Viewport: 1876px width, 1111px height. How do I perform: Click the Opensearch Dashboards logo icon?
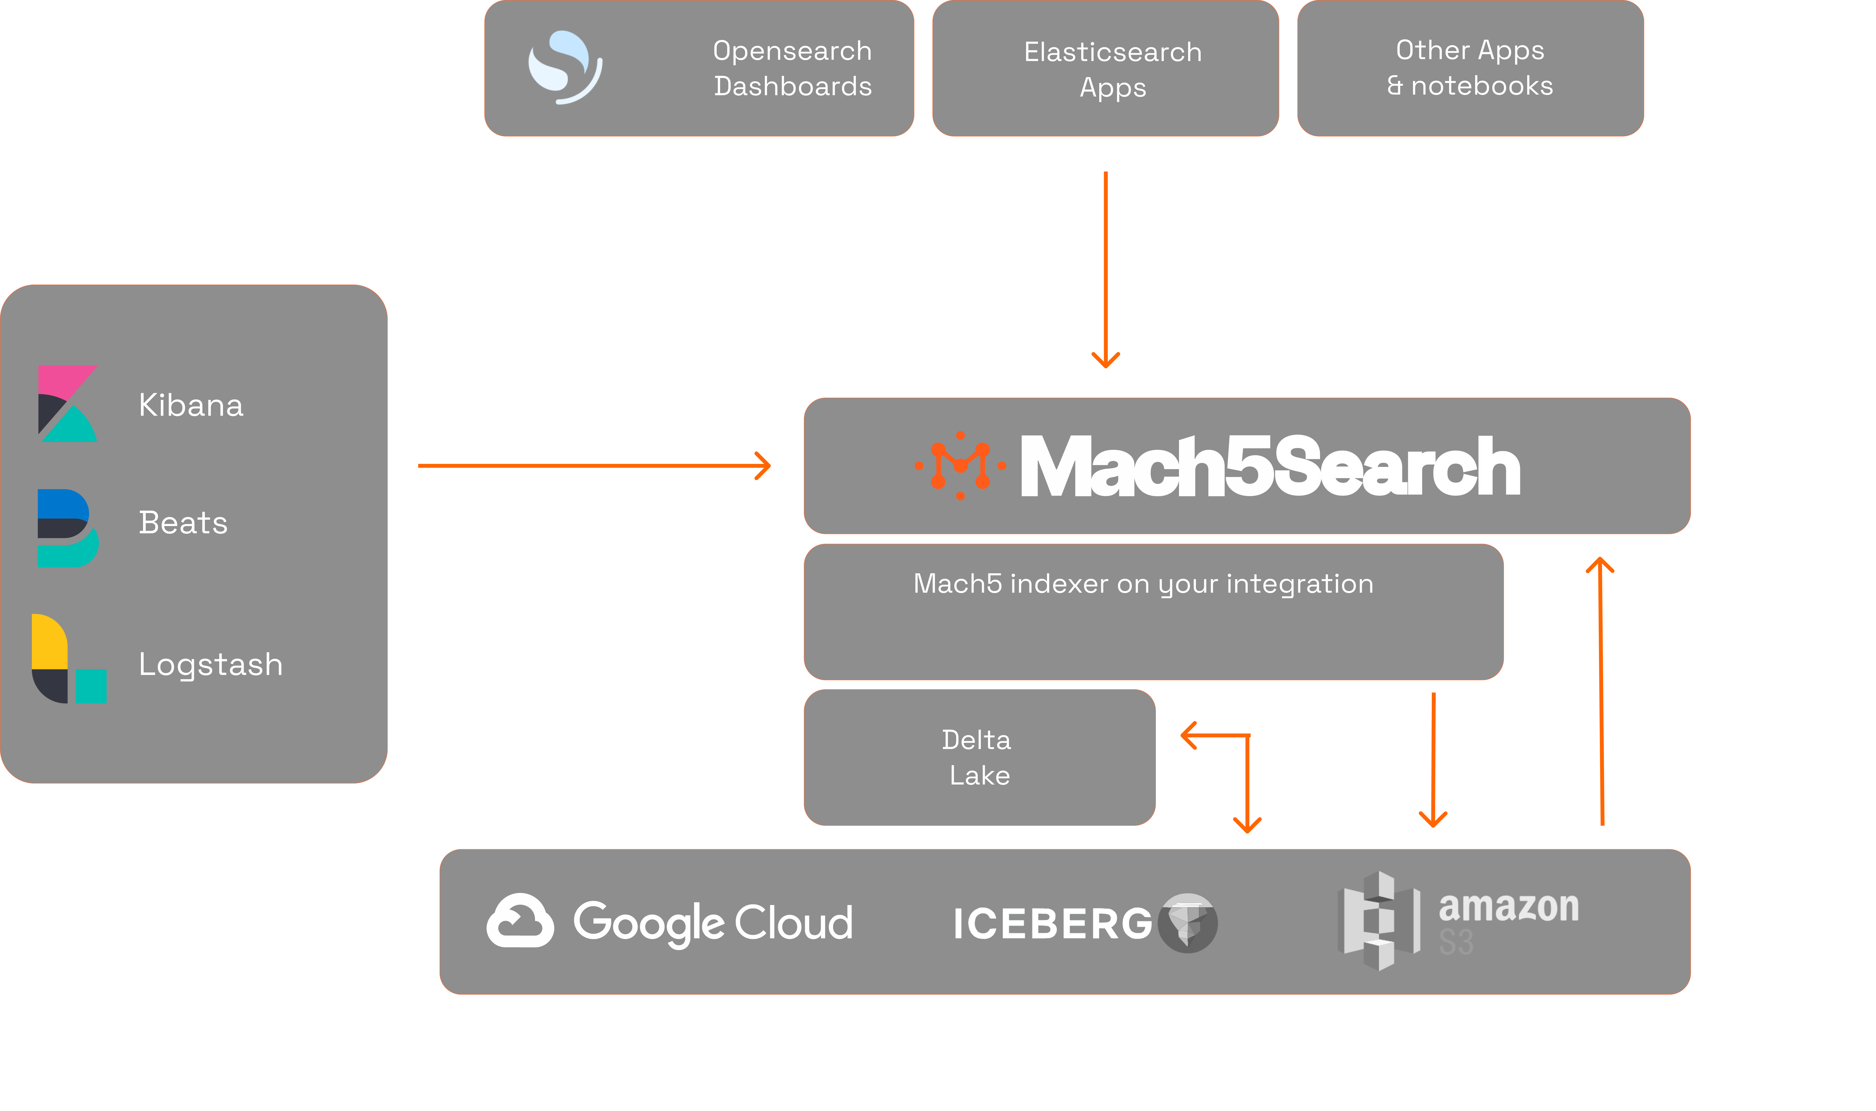(x=565, y=67)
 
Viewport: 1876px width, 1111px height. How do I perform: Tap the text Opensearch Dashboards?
(x=792, y=68)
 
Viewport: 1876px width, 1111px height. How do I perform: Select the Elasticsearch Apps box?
(x=1105, y=68)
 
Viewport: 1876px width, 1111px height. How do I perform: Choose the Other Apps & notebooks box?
(x=1471, y=68)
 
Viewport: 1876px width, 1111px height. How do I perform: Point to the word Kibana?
(x=191, y=405)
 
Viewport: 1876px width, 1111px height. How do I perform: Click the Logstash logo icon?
(x=69, y=659)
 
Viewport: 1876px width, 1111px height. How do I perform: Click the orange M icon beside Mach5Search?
(x=960, y=466)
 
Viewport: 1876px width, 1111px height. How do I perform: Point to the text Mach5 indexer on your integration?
(x=1143, y=584)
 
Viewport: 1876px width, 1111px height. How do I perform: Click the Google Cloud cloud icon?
(x=520, y=921)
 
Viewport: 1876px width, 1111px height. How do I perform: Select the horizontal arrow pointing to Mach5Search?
(x=594, y=466)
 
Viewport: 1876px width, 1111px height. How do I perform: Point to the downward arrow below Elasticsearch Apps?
(x=1105, y=270)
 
